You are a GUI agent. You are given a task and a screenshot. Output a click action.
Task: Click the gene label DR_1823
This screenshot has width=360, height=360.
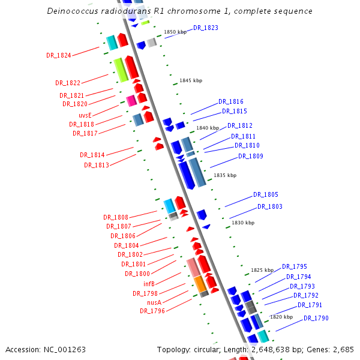(206, 28)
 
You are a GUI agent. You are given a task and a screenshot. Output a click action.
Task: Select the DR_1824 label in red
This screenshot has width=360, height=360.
(59, 55)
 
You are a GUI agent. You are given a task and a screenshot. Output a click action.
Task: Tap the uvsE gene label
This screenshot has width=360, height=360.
(85, 115)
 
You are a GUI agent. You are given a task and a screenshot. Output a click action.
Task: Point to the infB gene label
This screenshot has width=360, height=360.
(149, 284)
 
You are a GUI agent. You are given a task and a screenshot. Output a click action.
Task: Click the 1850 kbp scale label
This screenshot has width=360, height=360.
(175, 32)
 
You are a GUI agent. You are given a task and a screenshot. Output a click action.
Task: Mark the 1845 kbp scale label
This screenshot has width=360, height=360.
(191, 80)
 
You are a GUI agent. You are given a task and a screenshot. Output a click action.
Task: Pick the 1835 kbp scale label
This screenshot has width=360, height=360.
(225, 175)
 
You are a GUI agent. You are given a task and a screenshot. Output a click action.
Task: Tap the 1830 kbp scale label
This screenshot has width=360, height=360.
(242, 223)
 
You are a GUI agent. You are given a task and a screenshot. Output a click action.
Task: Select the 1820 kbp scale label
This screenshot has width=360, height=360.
(281, 317)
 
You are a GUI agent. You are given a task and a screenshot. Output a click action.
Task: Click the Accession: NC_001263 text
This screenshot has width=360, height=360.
(46, 349)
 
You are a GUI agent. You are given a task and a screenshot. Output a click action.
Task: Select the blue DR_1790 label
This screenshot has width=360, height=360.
(316, 318)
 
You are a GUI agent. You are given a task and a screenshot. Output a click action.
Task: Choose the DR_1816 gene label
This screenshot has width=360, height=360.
(231, 102)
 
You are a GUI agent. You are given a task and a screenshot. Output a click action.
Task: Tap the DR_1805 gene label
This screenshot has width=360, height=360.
(266, 195)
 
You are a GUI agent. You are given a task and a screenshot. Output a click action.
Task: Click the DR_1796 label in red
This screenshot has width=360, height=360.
(152, 311)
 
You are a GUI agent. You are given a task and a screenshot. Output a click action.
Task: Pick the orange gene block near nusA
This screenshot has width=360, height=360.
(200, 284)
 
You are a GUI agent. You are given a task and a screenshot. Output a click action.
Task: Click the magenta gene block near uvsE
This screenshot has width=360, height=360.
(131, 101)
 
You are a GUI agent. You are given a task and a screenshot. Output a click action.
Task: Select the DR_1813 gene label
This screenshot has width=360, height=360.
(97, 165)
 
